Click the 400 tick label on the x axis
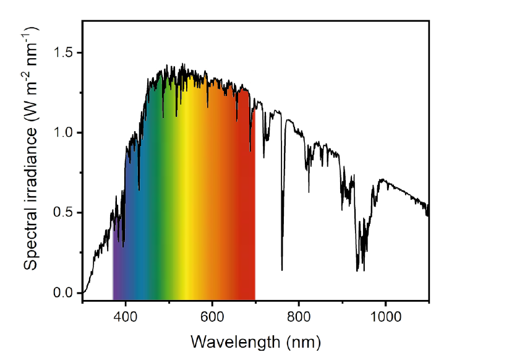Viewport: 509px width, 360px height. coord(126,315)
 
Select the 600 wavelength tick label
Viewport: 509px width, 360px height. coord(212,315)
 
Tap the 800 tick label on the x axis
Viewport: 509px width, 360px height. coord(299,315)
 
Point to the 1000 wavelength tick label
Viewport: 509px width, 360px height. coord(385,315)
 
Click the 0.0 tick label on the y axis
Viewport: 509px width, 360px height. coord(64,293)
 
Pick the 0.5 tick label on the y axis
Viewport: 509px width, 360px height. coord(64,212)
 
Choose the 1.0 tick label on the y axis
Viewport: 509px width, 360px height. coord(64,132)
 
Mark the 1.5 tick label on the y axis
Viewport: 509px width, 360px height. coord(64,53)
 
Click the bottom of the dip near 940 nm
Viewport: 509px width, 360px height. coord(357,270)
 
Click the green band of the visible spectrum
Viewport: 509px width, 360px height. coord(162,216)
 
